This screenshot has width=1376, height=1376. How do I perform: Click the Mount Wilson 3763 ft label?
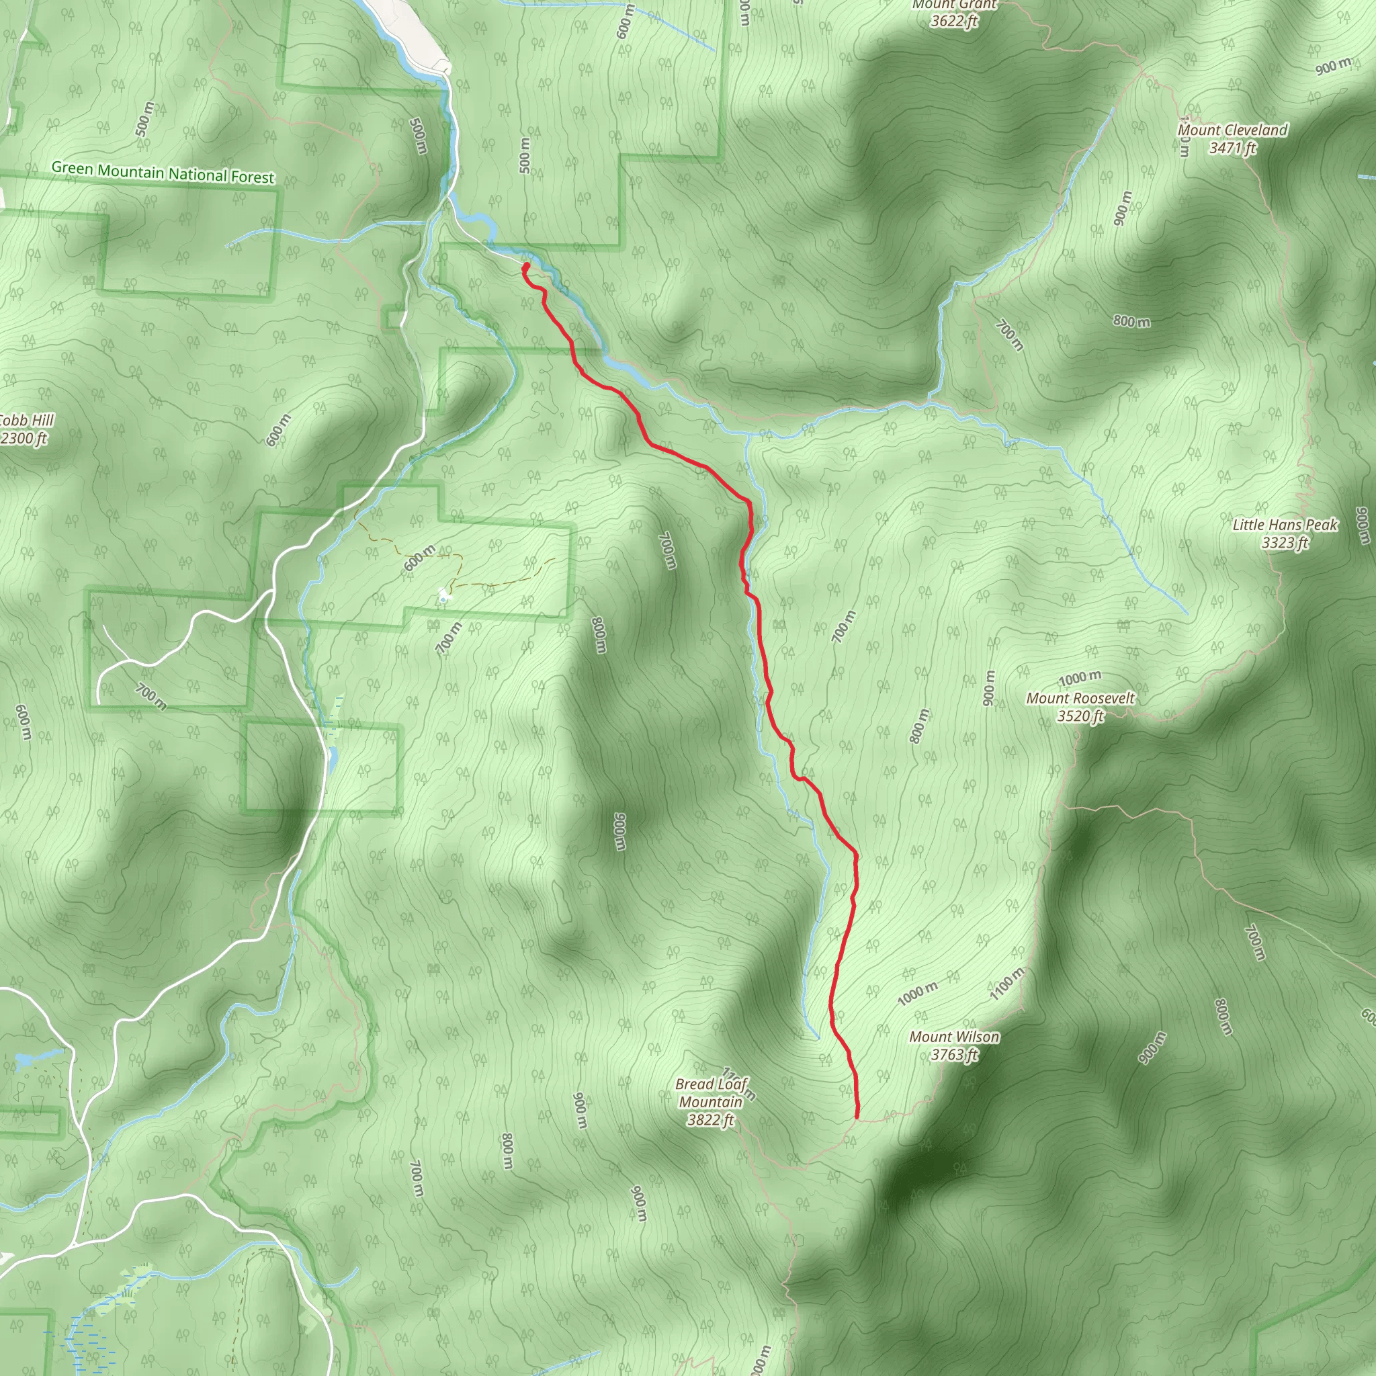953,1045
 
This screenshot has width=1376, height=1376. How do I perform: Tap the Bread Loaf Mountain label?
711,1102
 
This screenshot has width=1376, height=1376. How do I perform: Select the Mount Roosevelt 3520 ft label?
1080,707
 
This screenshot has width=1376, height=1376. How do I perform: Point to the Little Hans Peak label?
1285,533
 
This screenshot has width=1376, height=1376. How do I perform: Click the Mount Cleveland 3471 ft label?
1232,139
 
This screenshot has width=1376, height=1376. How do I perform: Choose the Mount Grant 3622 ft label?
954,13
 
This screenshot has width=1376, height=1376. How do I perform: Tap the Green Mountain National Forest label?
163,173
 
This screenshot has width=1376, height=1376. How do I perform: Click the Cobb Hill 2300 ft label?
24,429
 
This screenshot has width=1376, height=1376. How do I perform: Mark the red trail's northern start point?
525,267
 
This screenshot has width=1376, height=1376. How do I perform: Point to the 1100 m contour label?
1007,984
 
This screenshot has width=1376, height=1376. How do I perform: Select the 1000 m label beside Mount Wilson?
917,993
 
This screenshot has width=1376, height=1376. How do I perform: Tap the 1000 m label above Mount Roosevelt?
1080,678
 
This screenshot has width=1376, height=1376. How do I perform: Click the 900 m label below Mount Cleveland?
1123,208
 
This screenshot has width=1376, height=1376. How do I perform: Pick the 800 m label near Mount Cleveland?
1131,321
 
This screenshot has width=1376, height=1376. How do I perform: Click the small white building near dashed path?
443,593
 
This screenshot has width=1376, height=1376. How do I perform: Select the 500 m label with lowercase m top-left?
144,119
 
